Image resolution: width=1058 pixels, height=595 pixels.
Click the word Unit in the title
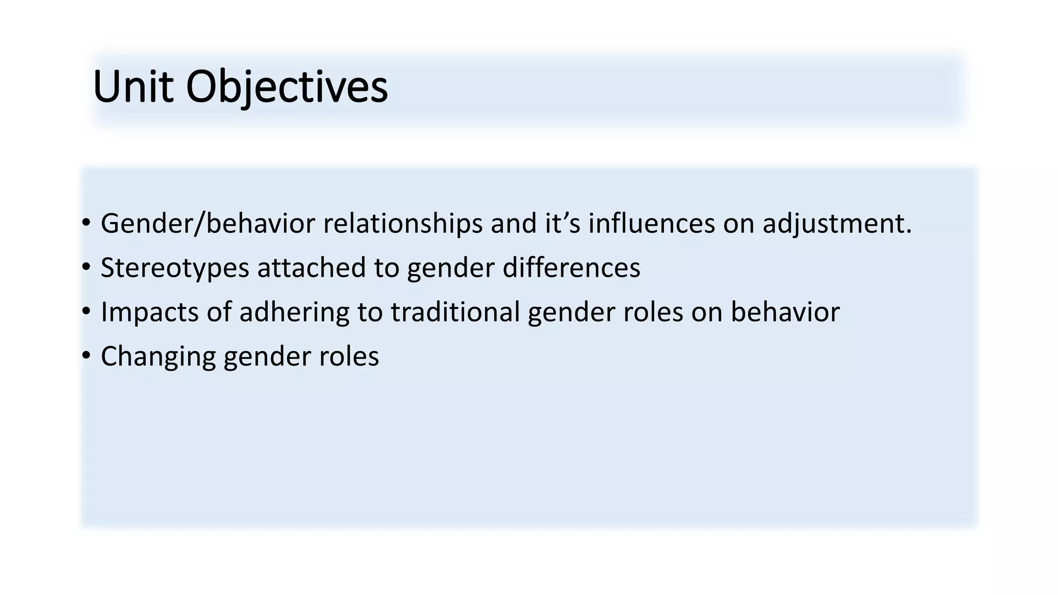click(x=132, y=87)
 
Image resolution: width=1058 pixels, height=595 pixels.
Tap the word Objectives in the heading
click(x=287, y=87)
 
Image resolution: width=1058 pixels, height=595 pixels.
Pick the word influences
click(x=651, y=224)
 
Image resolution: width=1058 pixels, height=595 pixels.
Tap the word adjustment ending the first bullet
click(x=837, y=224)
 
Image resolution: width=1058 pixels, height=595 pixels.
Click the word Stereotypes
click(x=175, y=268)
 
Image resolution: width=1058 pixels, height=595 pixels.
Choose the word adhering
click(x=294, y=312)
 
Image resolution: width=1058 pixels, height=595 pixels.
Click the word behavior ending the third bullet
click(x=785, y=312)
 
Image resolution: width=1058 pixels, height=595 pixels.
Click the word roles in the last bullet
click(x=349, y=357)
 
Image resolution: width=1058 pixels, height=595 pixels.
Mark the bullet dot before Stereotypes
click(x=86, y=267)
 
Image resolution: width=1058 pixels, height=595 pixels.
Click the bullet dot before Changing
click(x=86, y=356)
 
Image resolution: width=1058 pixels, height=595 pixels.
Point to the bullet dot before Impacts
click(x=86, y=311)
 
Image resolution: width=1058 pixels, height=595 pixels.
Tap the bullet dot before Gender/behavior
click(x=86, y=223)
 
